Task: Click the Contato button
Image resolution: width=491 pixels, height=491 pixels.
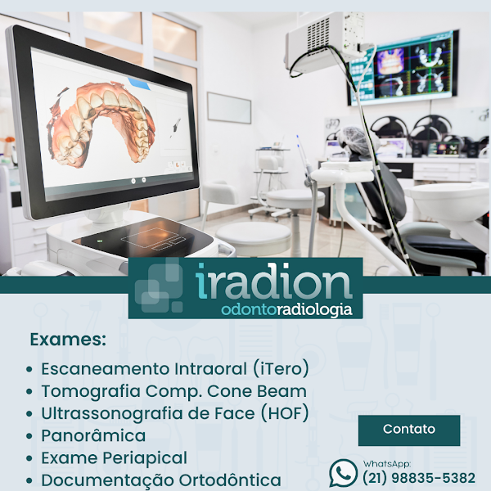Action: tap(409, 430)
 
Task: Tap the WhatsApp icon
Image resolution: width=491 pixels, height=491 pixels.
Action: tap(343, 472)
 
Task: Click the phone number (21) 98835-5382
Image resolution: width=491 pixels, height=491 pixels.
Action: tap(419, 478)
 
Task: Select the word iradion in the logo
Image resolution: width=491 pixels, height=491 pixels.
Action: tap(274, 282)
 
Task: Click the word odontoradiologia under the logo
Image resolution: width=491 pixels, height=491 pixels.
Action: tap(287, 309)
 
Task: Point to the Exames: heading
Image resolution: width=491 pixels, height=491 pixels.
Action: tap(68, 340)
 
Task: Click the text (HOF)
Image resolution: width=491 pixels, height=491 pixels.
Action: tap(284, 413)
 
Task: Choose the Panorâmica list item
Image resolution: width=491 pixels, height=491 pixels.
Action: tap(93, 435)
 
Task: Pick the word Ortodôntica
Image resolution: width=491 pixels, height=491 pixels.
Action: tap(229, 480)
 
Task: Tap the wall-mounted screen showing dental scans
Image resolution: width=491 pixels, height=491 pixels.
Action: tap(402, 69)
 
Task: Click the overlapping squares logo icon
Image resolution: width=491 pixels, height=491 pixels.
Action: tap(159, 286)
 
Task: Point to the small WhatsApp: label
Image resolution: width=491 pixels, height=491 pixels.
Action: tap(386, 463)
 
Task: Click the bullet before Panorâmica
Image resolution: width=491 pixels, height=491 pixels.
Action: tap(30, 436)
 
